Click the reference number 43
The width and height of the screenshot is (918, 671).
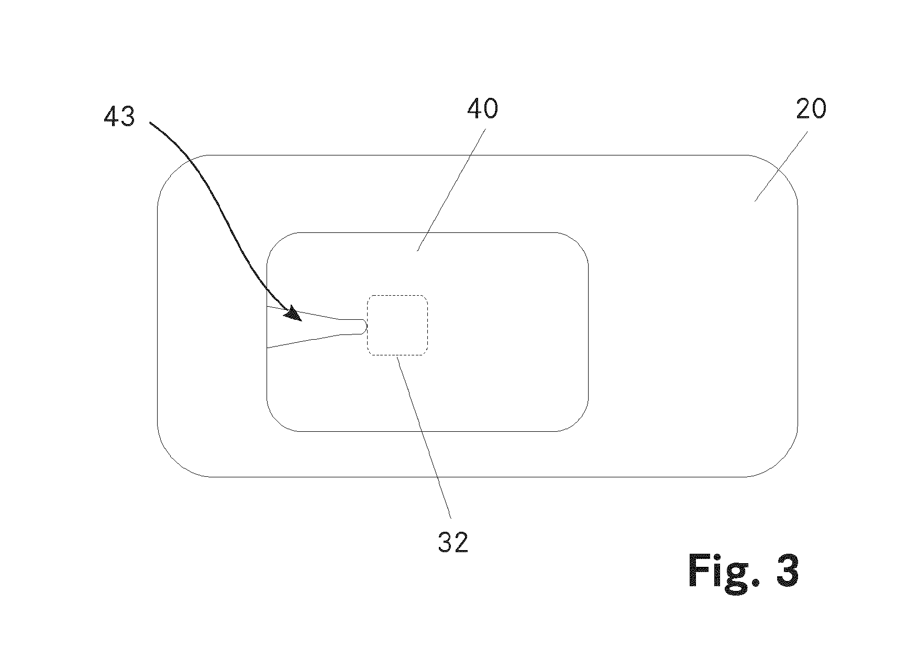click(119, 117)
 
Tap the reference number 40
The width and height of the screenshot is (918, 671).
click(482, 109)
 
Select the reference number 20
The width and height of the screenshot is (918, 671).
click(810, 109)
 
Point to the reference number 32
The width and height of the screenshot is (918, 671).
click(453, 543)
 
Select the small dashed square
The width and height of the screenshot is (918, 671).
click(397, 326)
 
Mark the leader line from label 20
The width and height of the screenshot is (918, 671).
click(781, 166)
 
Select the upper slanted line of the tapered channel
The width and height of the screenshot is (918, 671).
click(304, 312)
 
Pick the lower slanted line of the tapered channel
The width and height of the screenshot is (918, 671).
click(304, 340)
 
